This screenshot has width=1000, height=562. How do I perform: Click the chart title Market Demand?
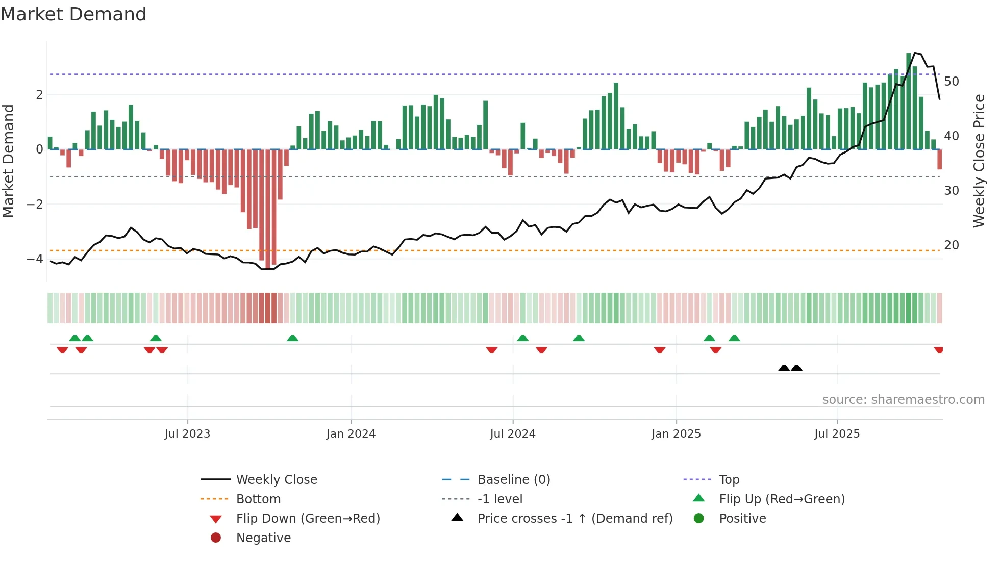pyautogui.click(x=73, y=14)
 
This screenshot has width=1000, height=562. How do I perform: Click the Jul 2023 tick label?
pyautogui.click(x=187, y=434)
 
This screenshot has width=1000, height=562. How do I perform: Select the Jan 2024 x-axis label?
pyautogui.click(x=351, y=434)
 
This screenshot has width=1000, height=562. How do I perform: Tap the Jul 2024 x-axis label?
pyautogui.click(x=513, y=434)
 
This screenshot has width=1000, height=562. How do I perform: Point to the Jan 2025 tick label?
pyautogui.click(x=676, y=434)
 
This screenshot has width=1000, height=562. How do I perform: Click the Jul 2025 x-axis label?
pyautogui.click(x=837, y=434)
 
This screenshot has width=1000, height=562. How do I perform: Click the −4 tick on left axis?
pyautogui.click(x=35, y=259)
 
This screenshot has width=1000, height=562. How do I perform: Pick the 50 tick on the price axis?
pyautogui.click(x=952, y=82)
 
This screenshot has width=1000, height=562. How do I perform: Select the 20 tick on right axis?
pyautogui.click(x=952, y=245)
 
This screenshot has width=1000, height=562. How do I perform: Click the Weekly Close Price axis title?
pyautogui.click(x=979, y=161)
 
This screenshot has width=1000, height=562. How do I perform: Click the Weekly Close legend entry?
pyautogui.click(x=277, y=480)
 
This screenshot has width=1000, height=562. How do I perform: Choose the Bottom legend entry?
pyautogui.click(x=258, y=499)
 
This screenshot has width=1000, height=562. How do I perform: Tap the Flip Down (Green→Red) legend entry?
pyautogui.click(x=308, y=519)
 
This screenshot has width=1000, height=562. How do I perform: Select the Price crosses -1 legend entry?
pyautogui.click(x=574, y=519)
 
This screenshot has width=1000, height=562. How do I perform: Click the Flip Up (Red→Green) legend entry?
pyautogui.click(x=782, y=499)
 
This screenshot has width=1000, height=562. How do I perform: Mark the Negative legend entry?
pyautogui.click(x=263, y=538)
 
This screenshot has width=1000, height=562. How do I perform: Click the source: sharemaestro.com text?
pyautogui.click(x=903, y=400)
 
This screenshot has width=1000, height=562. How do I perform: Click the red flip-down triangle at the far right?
pyautogui.click(x=938, y=350)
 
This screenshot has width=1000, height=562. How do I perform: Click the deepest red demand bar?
pyautogui.click(x=268, y=209)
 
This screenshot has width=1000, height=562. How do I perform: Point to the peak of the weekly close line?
pyautogui.click(x=915, y=53)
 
